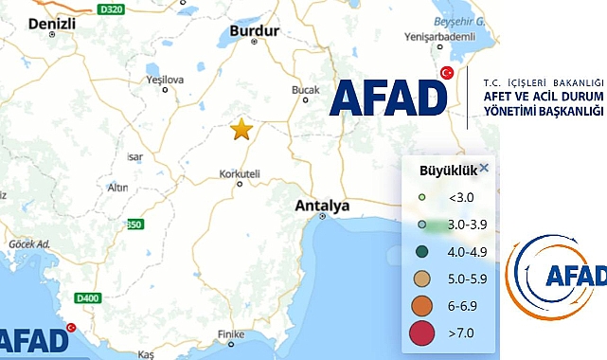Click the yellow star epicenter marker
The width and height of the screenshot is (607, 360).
[x=241, y=129]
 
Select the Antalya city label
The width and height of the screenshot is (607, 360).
[x=323, y=205]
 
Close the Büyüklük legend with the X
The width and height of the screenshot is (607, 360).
[x=484, y=169]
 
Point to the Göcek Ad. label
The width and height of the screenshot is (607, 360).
[x=28, y=243]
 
